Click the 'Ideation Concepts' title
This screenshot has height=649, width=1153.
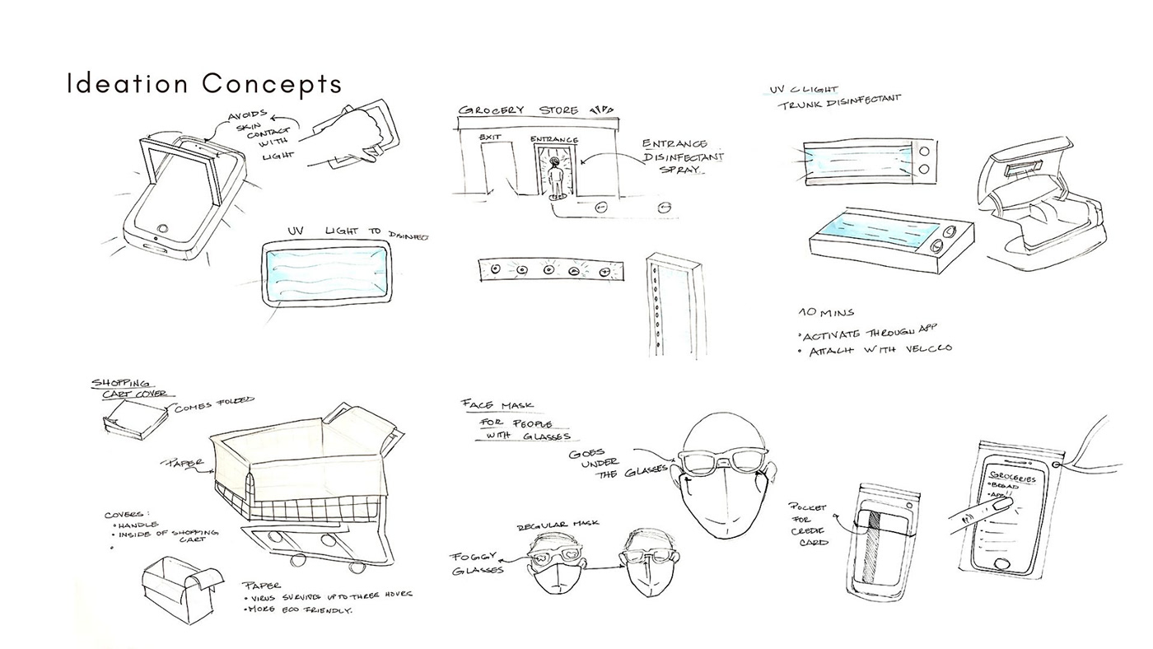coord(204,83)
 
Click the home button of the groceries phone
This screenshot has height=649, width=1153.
coord(1004,562)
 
